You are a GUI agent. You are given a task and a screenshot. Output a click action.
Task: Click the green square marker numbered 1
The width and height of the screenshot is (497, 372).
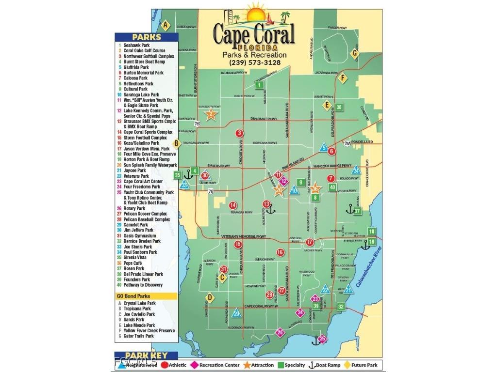pyautogui.click(x=260, y=85)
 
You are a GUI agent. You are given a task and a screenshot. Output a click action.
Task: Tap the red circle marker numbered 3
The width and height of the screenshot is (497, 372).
pyautogui.click(x=239, y=133)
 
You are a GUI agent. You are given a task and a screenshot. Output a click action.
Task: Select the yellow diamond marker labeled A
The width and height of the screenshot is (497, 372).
pyautogui.click(x=166, y=25)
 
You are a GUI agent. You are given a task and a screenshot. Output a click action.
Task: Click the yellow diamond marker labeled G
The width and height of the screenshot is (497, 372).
pyautogui.click(x=355, y=53)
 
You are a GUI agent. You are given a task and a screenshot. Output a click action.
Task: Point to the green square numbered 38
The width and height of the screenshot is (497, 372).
pyautogui.click(x=339, y=107)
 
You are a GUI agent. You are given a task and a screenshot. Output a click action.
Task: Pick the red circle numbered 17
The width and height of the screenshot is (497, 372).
pyautogui.click(x=310, y=242)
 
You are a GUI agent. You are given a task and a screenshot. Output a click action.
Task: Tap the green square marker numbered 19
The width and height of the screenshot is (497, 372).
pyautogui.click(x=371, y=241)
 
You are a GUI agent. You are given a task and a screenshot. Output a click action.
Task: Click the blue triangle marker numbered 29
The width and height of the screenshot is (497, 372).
pyautogui.click(x=236, y=313)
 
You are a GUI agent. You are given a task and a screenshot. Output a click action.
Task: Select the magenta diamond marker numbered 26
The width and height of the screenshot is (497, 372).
pyautogui.click(x=280, y=333)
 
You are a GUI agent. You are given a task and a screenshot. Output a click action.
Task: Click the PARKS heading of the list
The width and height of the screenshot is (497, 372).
pyautogui.click(x=146, y=37)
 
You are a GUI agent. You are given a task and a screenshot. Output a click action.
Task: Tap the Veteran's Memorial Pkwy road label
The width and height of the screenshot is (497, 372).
pyautogui.click(x=244, y=236)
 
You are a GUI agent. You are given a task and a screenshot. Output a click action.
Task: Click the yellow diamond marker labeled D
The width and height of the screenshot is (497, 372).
pyautogui.click(x=210, y=297)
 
